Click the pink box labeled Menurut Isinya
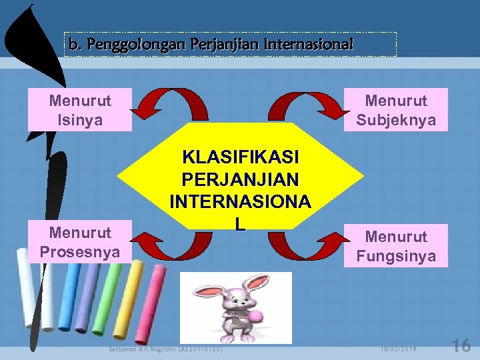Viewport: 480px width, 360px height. coord(80,110)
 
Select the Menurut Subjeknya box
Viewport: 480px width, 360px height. coord(396,110)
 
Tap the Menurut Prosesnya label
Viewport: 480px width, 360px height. coord(80,243)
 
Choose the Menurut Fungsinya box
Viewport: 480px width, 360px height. coord(396,246)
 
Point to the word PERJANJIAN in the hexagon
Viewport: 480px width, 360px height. coord(241,179)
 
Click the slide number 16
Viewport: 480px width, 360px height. coord(461,345)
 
